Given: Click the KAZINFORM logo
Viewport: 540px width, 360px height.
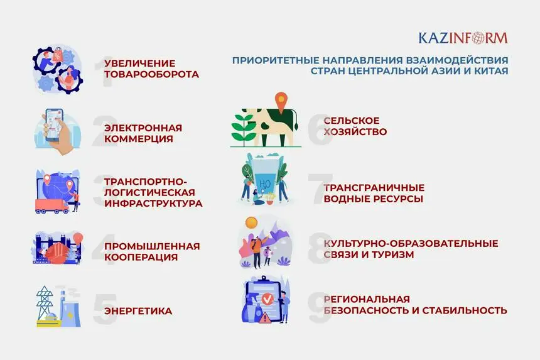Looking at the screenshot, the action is [x=463, y=38].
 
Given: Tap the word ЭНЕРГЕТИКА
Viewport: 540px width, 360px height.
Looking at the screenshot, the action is [x=138, y=311].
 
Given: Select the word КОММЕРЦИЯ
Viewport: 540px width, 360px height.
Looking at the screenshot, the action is [x=138, y=139].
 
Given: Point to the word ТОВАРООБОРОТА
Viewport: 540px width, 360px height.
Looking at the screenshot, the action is [x=151, y=74].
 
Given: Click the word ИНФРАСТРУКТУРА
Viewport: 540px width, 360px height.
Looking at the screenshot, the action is [x=153, y=204].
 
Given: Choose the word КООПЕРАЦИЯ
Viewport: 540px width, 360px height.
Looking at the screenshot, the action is [x=141, y=258].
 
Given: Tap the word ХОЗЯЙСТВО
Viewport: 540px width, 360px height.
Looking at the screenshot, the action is [x=355, y=131].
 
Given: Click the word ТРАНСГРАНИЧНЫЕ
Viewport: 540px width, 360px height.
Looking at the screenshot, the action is [x=374, y=188].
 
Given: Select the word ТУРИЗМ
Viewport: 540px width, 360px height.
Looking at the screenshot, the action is [x=392, y=254].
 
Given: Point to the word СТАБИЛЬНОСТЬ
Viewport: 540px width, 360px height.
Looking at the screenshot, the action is [x=465, y=310].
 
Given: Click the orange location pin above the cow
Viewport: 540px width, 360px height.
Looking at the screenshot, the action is [x=281, y=102].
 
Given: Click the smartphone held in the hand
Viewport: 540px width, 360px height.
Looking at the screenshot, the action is [x=55, y=125].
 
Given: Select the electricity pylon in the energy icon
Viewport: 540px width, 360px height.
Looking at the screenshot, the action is [x=45, y=303].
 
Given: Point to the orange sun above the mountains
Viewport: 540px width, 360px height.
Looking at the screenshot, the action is [x=251, y=222].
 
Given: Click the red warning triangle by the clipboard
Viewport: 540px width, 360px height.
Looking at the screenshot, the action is [x=264, y=317].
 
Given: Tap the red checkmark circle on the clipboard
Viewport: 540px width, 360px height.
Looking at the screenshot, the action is [x=267, y=298].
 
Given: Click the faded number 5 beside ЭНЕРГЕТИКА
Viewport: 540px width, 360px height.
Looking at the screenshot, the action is [x=105, y=309].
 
